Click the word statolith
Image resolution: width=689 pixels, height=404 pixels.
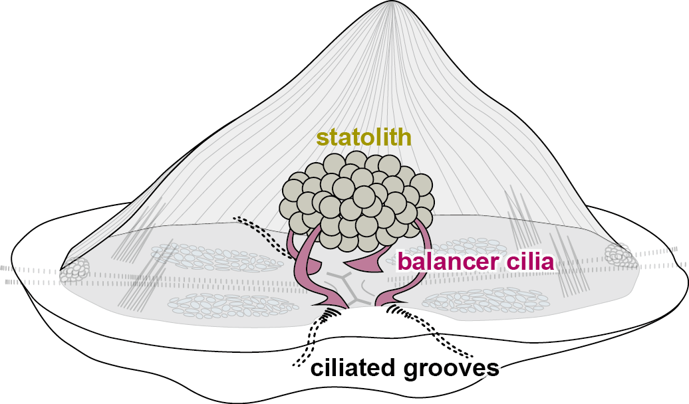[364, 138]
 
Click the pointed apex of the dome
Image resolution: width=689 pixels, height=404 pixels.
[390, 4]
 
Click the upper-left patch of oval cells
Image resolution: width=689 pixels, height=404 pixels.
[217, 259]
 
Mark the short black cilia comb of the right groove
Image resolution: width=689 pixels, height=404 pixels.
[397, 310]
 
